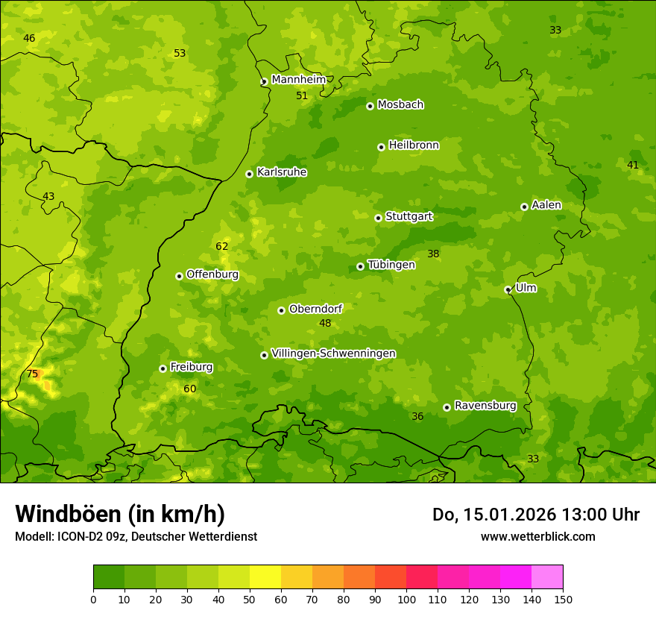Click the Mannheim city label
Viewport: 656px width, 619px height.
pyautogui.click(x=298, y=80)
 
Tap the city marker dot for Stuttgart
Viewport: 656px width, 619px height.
pyautogui.click(x=378, y=218)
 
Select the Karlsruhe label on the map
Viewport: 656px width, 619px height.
pyautogui.click(x=282, y=172)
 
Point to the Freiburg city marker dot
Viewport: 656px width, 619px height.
pyautogui.click(x=163, y=368)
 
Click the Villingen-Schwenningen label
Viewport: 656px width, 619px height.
pyautogui.click(x=333, y=354)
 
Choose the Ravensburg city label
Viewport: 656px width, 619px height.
pyautogui.click(x=485, y=406)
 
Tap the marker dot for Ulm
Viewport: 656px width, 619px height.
pyautogui.click(x=508, y=289)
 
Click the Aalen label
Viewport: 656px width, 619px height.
pyautogui.click(x=546, y=205)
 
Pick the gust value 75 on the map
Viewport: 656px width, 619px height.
pyautogui.click(x=32, y=374)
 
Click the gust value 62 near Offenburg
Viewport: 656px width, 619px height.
pyautogui.click(x=222, y=246)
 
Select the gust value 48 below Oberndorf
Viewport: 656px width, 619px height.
pyautogui.click(x=325, y=323)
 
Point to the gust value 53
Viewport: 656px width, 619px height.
pyautogui.click(x=180, y=53)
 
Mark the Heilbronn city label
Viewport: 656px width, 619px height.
pyautogui.click(x=414, y=145)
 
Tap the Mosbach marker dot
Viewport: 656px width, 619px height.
pyautogui.click(x=370, y=106)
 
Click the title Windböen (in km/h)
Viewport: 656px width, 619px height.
pyautogui.click(x=120, y=514)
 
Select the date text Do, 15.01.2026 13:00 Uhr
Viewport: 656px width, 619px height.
pyautogui.click(x=536, y=515)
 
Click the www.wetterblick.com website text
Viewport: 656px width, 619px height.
pyautogui.click(x=537, y=536)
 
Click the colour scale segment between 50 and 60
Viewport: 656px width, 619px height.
pyautogui.click(x=265, y=577)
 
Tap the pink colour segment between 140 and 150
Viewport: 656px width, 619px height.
pyautogui.click(x=547, y=577)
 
